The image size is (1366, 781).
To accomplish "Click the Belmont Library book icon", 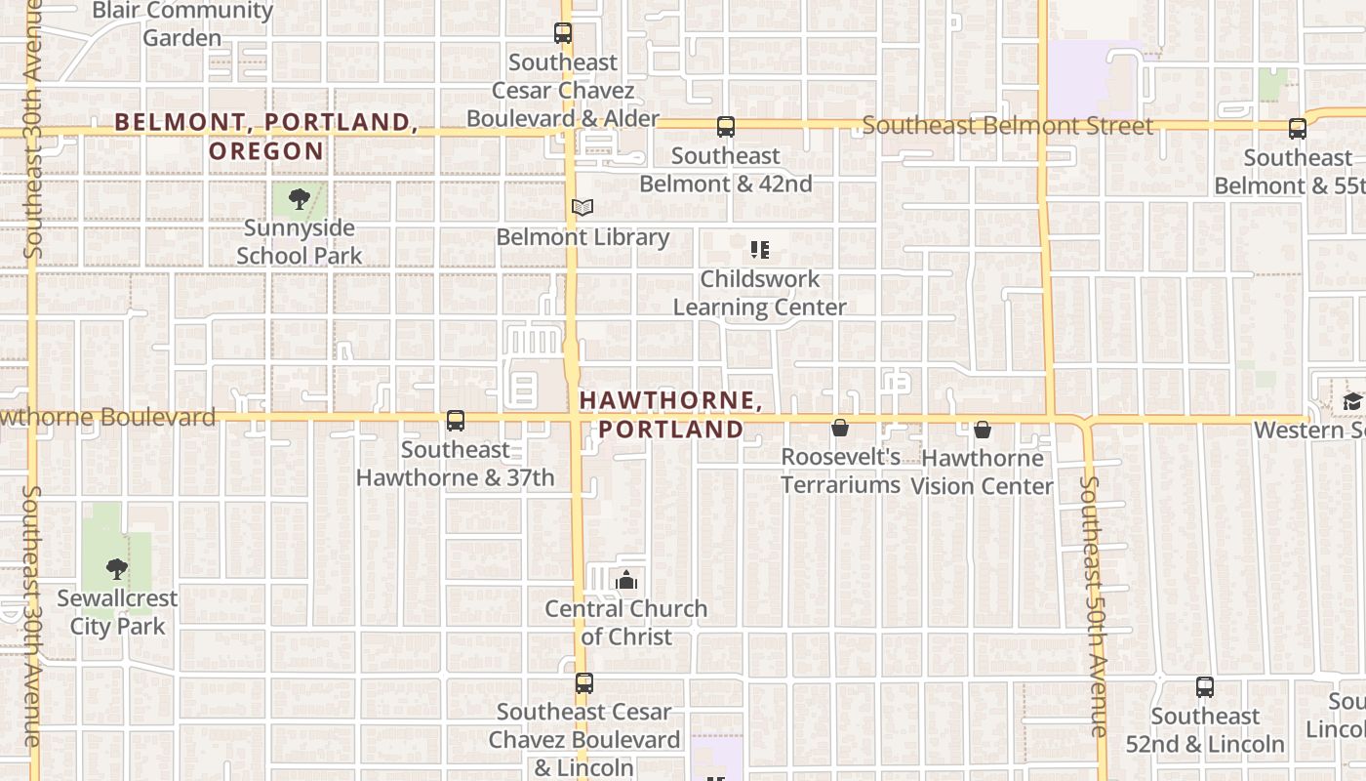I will pyautogui.click(x=583, y=207).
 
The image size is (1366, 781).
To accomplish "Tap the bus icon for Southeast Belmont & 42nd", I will pyautogui.click(x=725, y=127).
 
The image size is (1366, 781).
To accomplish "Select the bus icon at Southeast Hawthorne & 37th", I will pyautogui.click(x=455, y=421).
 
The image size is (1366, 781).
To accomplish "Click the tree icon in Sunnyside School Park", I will pyautogui.click(x=299, y=200).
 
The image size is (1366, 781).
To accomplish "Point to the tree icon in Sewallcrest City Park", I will pyautogui.click(x=116, y=568).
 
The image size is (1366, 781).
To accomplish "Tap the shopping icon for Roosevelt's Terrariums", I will pyautogui.click(x=839, y=428).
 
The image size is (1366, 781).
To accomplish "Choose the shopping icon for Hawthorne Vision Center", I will pyautogui.click(x=982, y=429).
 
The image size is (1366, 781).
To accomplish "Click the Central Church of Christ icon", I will pyautogui.click(x=626, y=581).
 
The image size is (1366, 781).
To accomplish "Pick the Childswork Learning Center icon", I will pyautogui.click(x=759, y=250).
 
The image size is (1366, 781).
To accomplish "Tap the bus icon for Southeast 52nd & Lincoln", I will pyautogui.click(x=1204, y=687).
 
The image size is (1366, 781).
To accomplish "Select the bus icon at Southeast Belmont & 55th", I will pyautogui.click(x=1297, y=129).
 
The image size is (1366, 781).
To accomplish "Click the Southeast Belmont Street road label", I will pyautogui.click(x=1007, y=126).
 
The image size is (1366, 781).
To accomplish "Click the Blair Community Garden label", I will pyautogui.click(x=182, y=24).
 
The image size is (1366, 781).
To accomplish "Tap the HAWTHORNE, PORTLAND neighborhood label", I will pyautogui.click(x=670, y=415).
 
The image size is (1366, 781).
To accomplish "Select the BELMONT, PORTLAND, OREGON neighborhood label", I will pyautogui.click(x=266, y=136).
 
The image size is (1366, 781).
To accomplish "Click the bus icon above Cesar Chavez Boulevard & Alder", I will pyautogui.click(x=563, y=33).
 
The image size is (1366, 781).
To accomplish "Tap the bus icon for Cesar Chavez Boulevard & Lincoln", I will pyautogui.click(x=583, y=683).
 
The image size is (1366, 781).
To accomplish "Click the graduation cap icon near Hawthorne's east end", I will pyautogui.click(x=1352, y=401).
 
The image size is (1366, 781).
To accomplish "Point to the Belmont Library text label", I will pyautogui.click(x=583, y=237).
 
